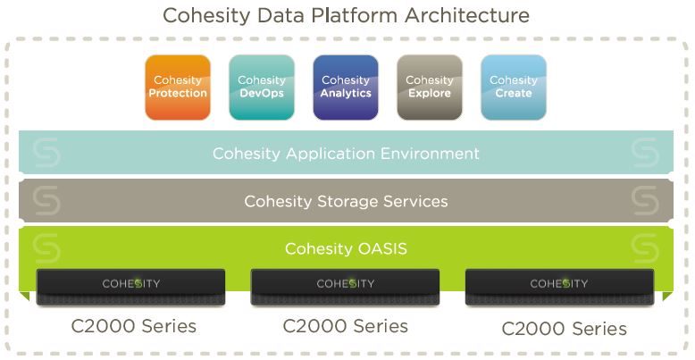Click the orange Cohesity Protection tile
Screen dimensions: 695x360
[x=178, y=88]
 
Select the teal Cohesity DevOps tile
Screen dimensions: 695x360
[x=262, y=88]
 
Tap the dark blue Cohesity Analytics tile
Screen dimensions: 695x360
[x=346, y=88]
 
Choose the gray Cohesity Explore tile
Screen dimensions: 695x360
[x=430, y=88]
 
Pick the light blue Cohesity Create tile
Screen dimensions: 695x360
[x=514, y=88]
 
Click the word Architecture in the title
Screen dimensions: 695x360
[x=466, y=15]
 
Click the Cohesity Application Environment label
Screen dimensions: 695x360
[x=346, y=154]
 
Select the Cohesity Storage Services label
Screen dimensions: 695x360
[x=346, y=201]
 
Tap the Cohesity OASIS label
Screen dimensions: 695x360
[x=346, y=248]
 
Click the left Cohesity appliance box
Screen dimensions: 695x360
[x=130, y=287]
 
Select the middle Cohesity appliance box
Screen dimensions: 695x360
[x=346, y=287]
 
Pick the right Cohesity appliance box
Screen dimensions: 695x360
[x=559, y=287]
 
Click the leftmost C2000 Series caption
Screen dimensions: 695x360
[x=133, y=326]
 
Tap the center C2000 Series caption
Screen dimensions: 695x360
[x=346, y=326]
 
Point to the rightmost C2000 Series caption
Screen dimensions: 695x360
[x=565, y=329]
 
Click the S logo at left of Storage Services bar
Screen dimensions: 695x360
[x=46, y=201]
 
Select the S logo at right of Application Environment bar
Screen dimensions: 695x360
[x=645, y=153]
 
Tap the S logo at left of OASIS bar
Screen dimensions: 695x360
[x=46, y=248]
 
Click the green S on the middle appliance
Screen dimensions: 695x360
[x=352, y=283]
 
